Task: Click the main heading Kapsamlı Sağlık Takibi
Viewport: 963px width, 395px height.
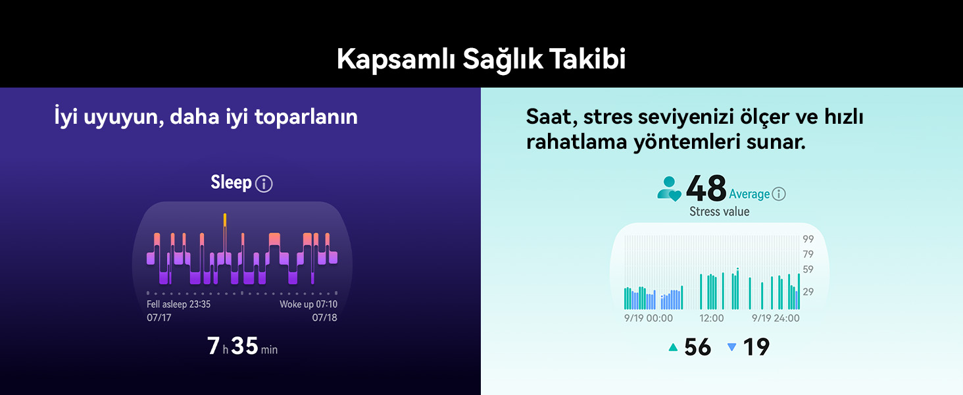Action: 481,59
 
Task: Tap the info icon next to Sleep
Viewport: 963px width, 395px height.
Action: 264,184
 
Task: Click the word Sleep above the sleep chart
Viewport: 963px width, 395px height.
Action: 231,182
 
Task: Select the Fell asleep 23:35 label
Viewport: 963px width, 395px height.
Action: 178,304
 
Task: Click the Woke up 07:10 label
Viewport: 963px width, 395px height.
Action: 309,304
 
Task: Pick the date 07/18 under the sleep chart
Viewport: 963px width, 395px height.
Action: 325,317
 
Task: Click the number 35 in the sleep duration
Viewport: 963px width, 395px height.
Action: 245,346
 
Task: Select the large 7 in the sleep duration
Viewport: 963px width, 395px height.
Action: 213,346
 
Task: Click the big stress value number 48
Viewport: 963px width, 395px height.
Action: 706,189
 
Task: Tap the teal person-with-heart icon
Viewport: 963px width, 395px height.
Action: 670,189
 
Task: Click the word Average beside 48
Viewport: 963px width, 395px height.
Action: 749,194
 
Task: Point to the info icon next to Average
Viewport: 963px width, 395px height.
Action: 779,194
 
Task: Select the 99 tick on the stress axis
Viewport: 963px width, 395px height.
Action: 808,239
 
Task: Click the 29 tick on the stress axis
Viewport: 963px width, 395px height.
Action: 808,291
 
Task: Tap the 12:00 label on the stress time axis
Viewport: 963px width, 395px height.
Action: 711,318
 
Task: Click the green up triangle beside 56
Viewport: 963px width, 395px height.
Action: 673,347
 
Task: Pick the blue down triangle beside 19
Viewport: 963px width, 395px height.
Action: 731,347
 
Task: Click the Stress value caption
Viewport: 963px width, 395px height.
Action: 719,212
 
